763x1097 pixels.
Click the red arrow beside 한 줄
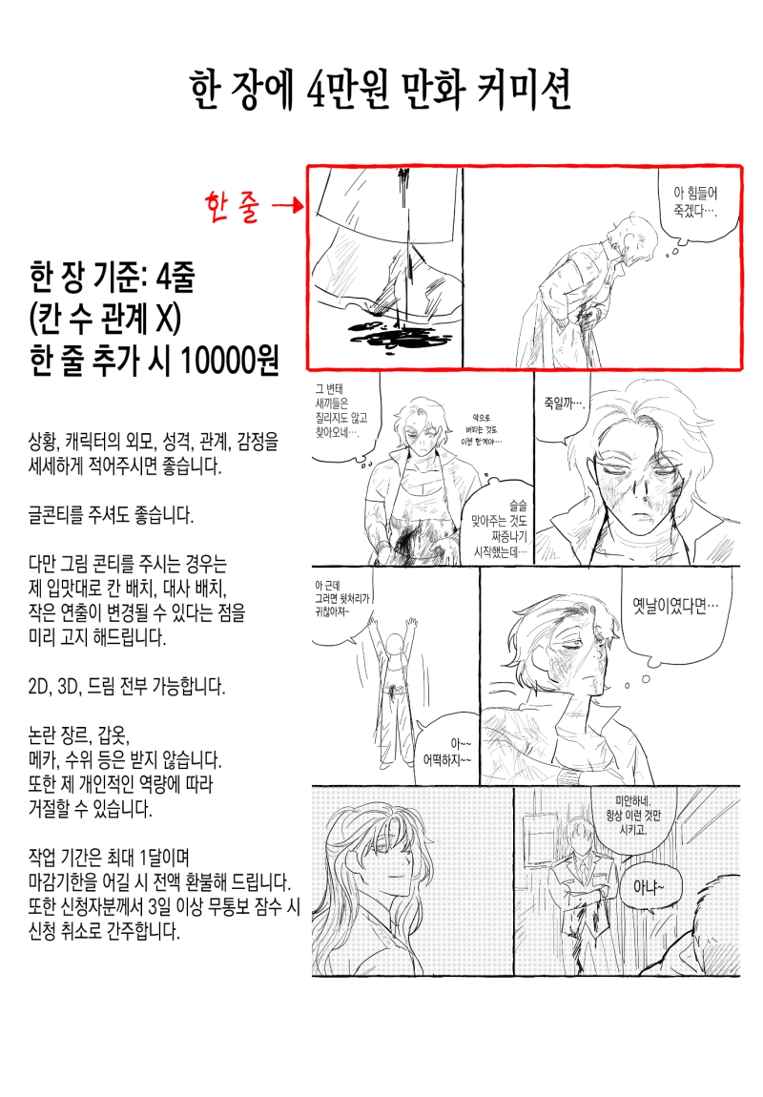coord(288,205)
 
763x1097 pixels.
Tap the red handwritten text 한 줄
coord(232,207)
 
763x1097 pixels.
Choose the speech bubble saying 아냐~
coord(649,889)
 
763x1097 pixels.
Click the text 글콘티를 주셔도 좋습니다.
coord(111,516)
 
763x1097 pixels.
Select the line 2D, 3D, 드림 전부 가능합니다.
coord(127,686)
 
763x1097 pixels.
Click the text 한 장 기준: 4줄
coord(112,277)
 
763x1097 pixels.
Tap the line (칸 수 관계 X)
coord(105,319)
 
